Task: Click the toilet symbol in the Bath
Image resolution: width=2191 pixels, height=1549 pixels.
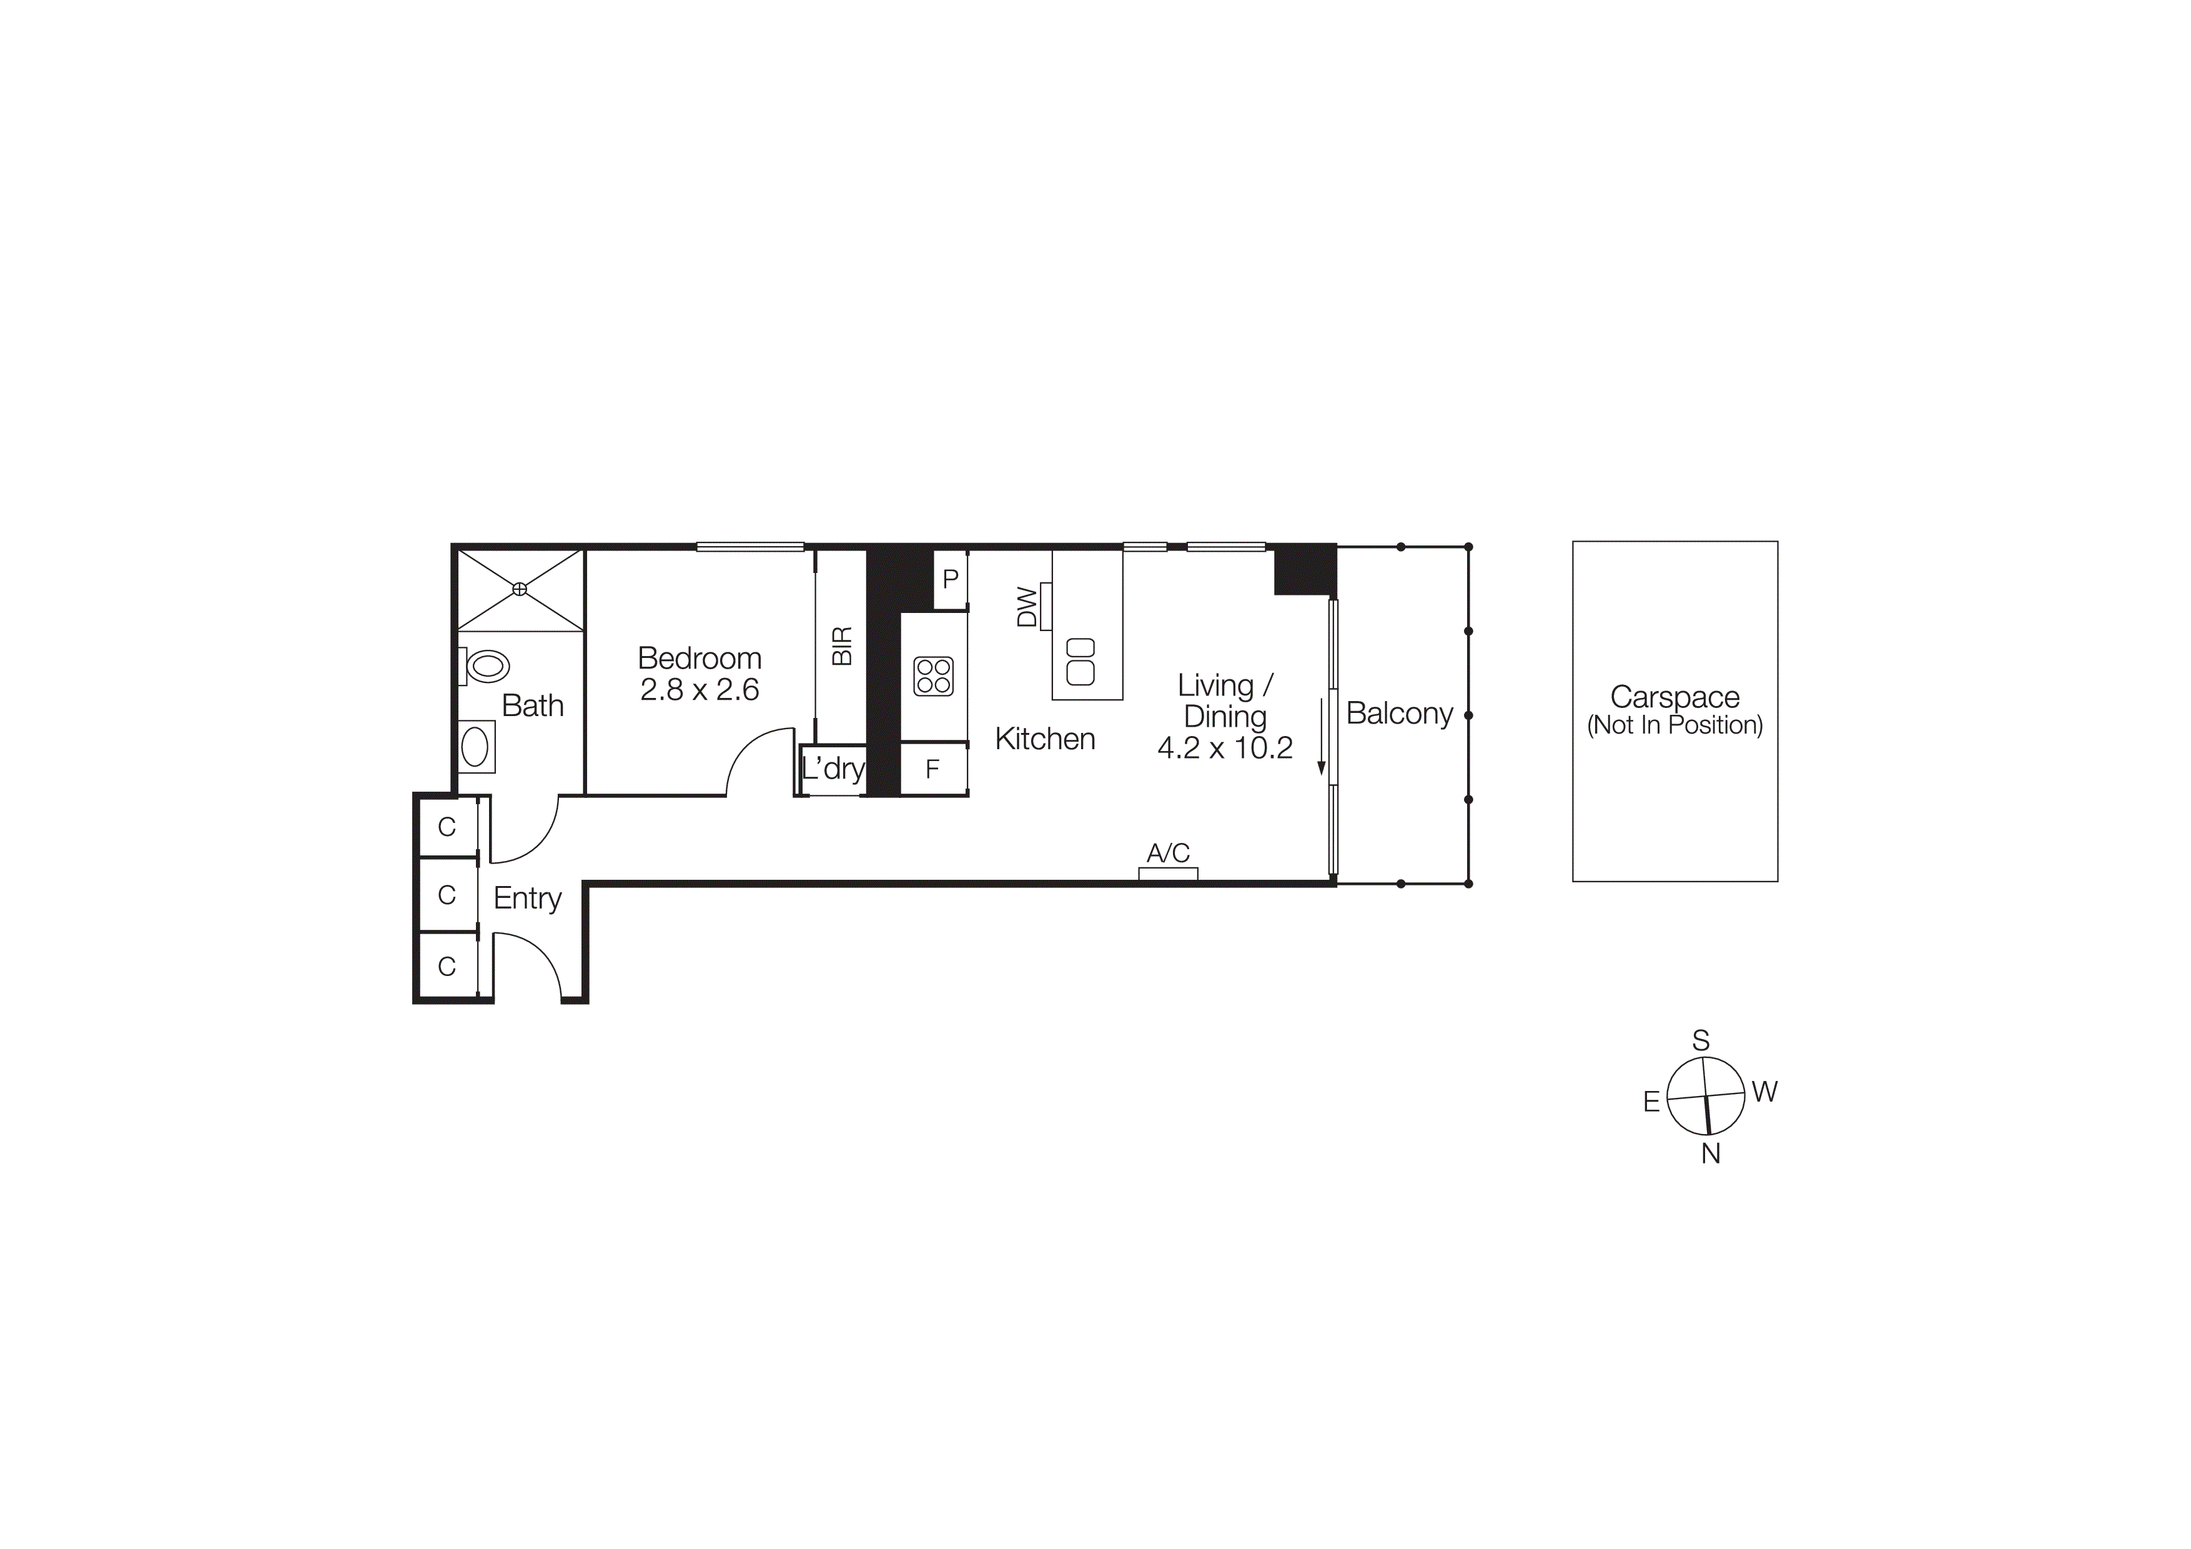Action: (486, 665)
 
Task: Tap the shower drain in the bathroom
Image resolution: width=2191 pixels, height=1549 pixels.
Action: (520, 589)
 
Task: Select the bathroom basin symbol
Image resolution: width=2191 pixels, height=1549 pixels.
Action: (475, 746)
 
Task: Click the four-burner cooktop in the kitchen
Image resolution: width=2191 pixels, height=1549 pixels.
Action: (933, 675)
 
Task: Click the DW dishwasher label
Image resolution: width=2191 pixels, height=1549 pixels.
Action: (1027, 607)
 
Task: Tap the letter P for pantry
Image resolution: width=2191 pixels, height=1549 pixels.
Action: (951, 579)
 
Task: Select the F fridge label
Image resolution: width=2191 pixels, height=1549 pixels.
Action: (932, 769)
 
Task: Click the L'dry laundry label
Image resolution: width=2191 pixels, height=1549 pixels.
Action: (833, 769)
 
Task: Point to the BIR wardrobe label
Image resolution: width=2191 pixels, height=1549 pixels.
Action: (842, 646)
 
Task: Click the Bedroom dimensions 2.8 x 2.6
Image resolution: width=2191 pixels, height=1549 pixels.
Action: (700, 690)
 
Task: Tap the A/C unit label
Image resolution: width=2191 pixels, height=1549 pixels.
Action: (1168, 852)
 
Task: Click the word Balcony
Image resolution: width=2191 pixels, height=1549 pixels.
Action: (1399, 714)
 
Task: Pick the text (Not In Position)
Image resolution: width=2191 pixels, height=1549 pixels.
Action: (1674, 725)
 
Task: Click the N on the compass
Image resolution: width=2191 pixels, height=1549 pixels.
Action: (1710, 1154)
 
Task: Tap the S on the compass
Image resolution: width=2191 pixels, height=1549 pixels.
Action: (1701, 1040)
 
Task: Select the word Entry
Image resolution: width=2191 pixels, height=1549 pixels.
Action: (528, 898)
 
